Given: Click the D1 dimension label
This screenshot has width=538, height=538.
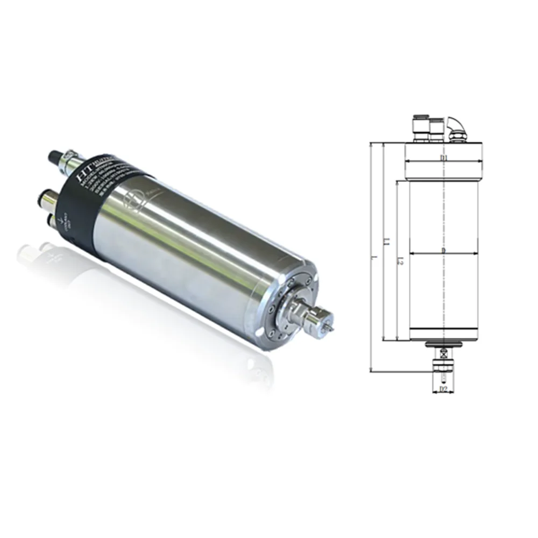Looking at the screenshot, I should pyautogui.click(x=443, y=158).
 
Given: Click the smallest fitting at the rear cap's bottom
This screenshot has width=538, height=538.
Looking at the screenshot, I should pyautogui.click(x=54, y=220).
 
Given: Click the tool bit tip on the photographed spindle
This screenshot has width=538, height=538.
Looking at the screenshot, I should pyautogui.click(x=334, y=328).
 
